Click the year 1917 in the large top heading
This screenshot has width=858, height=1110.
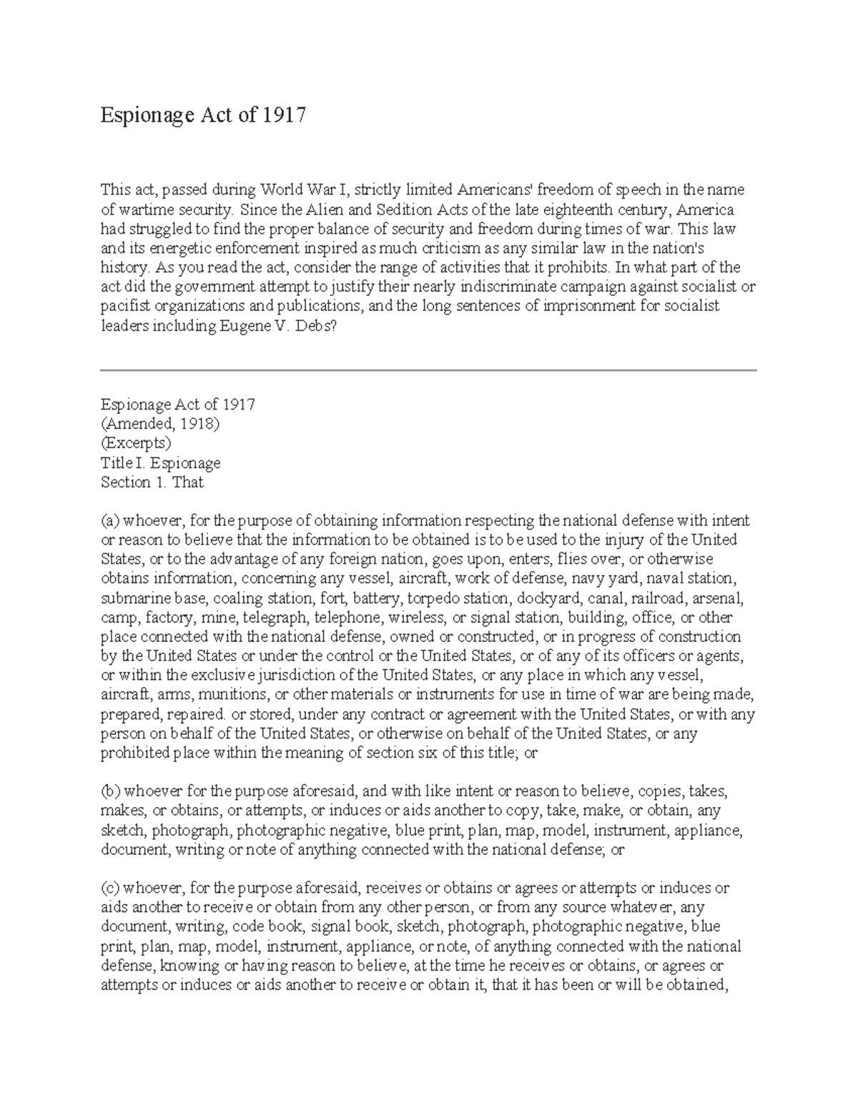[x=284, y=114]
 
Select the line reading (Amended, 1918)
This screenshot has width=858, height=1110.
[x=160, y=423]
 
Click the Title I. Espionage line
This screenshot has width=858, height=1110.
[x=160, y=462]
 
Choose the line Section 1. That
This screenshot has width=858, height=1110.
[x=152, y=482]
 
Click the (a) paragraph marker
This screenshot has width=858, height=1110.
[x=110, y=520]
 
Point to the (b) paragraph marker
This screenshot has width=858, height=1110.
[x=111, y=791]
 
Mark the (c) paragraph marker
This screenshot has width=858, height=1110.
[x=110, y=888]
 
